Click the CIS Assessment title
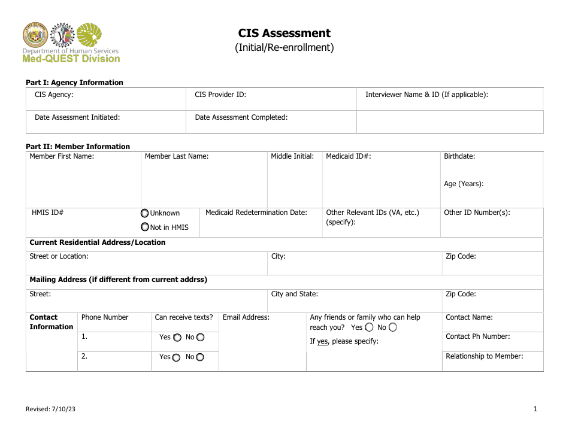(x=284, y=34)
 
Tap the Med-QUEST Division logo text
(x=71, y=59)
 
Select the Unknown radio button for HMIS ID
(x=145, y=213)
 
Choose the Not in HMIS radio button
(x=145, y=227)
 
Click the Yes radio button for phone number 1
(x=177, y=338)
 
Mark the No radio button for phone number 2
(x=200, y=357)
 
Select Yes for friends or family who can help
(x=369, y=327)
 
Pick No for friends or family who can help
(x=393, y=327)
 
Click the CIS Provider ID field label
(x=220, y=95)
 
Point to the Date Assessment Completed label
(x=241, y=117)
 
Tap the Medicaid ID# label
(x=348, y=156)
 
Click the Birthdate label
(x=459, y=156)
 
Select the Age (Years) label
(x=464, y=184)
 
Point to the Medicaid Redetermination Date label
(x=256, y=213)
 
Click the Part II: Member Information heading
(x=78, y=146)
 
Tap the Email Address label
(x=246, y=317)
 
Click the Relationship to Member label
(x=484, y=356)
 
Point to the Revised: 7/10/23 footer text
(x=50, y=409)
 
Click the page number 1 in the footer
(x=535, y=409)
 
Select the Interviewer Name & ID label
(x=426, y=95)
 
